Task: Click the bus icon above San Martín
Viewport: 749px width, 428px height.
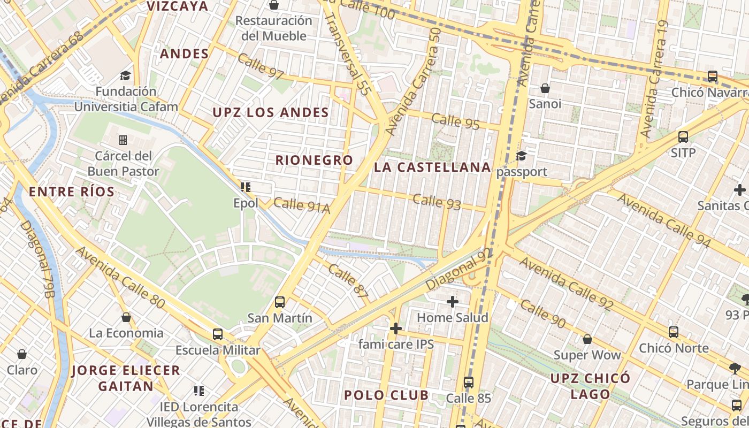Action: [279, 302]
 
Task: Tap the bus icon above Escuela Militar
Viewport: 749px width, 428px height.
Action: [217, 334]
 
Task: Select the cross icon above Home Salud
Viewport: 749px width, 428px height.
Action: [453, 302]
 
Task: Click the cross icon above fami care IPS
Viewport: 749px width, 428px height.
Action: [396, 328]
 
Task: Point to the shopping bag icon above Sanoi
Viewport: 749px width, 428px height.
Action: [545, 88]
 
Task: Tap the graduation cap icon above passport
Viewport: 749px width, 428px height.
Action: [521, 156]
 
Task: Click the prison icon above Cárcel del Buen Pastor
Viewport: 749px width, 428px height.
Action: [123, 140]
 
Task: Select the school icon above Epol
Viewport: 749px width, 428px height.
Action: [246, 187]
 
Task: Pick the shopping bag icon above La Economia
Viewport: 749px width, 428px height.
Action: [126, 317]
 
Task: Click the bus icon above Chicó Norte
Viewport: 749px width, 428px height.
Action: [674, 332]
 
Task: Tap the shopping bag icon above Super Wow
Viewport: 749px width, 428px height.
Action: [587, 339]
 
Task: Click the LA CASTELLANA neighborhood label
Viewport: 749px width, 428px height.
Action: [432, 167]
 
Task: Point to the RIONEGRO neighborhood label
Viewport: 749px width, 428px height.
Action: [314, 160]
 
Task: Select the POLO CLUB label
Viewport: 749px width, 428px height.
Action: [386, 395]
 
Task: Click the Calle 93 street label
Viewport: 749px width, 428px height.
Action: [437, 202]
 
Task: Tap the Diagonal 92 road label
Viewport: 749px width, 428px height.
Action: [458, 270]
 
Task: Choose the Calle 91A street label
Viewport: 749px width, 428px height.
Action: [302, 205]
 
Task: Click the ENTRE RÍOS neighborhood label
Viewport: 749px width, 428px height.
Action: [72, 192]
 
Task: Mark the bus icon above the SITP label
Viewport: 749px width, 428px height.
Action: [683, 136]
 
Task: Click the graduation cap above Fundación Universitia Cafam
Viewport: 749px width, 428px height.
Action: [125, 75]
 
